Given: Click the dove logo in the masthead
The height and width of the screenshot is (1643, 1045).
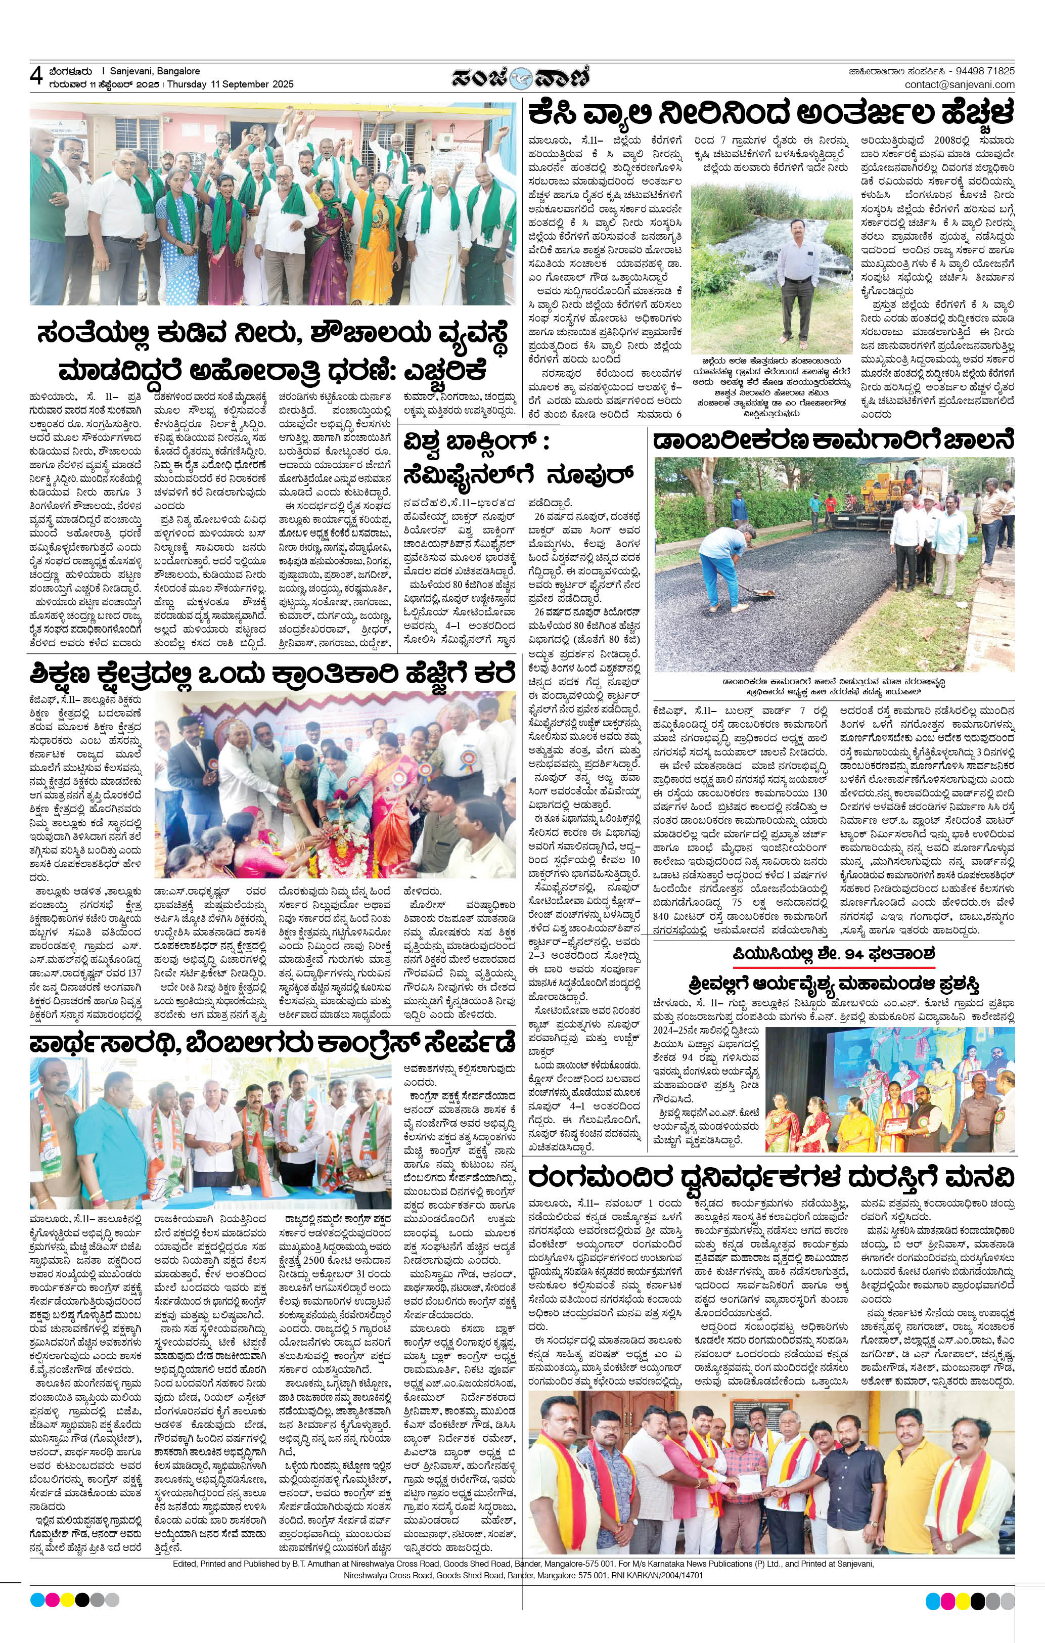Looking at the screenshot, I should tap(523, 76).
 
